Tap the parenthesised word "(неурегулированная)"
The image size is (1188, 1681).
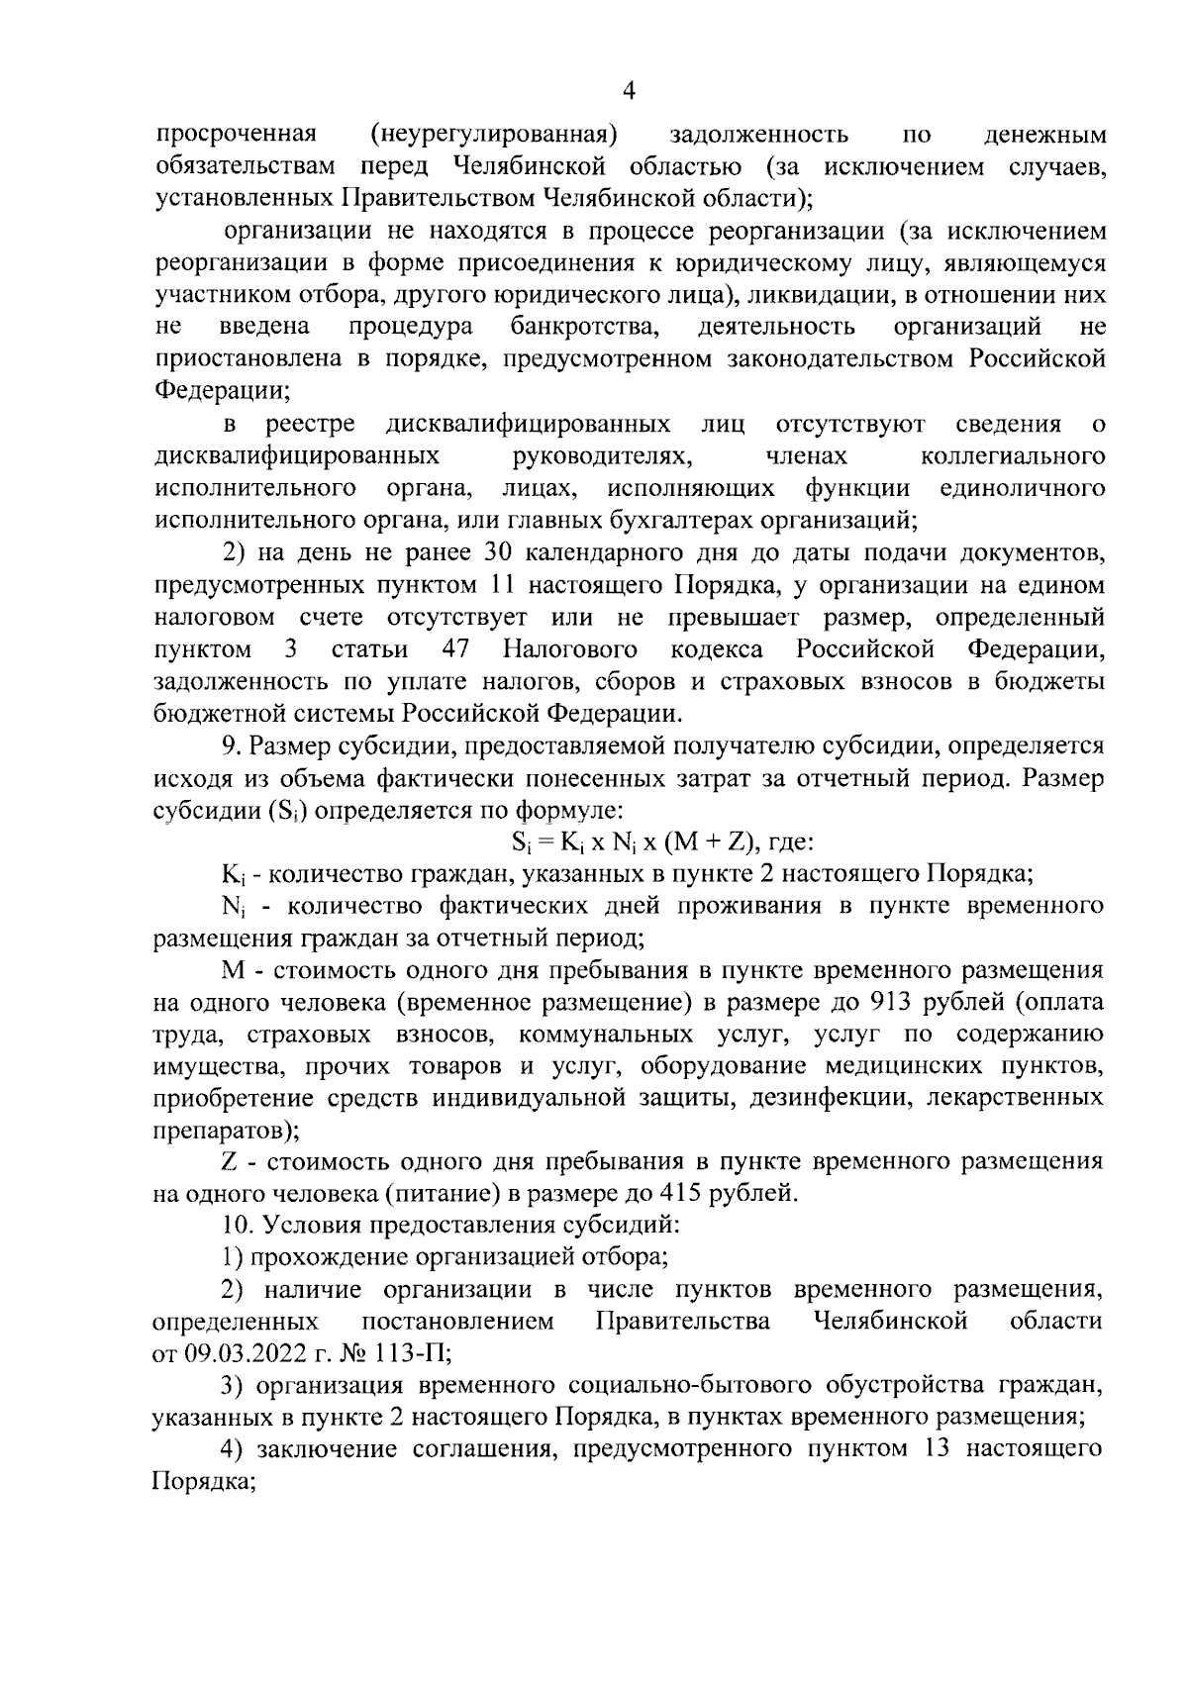click(x=494, y=134)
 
